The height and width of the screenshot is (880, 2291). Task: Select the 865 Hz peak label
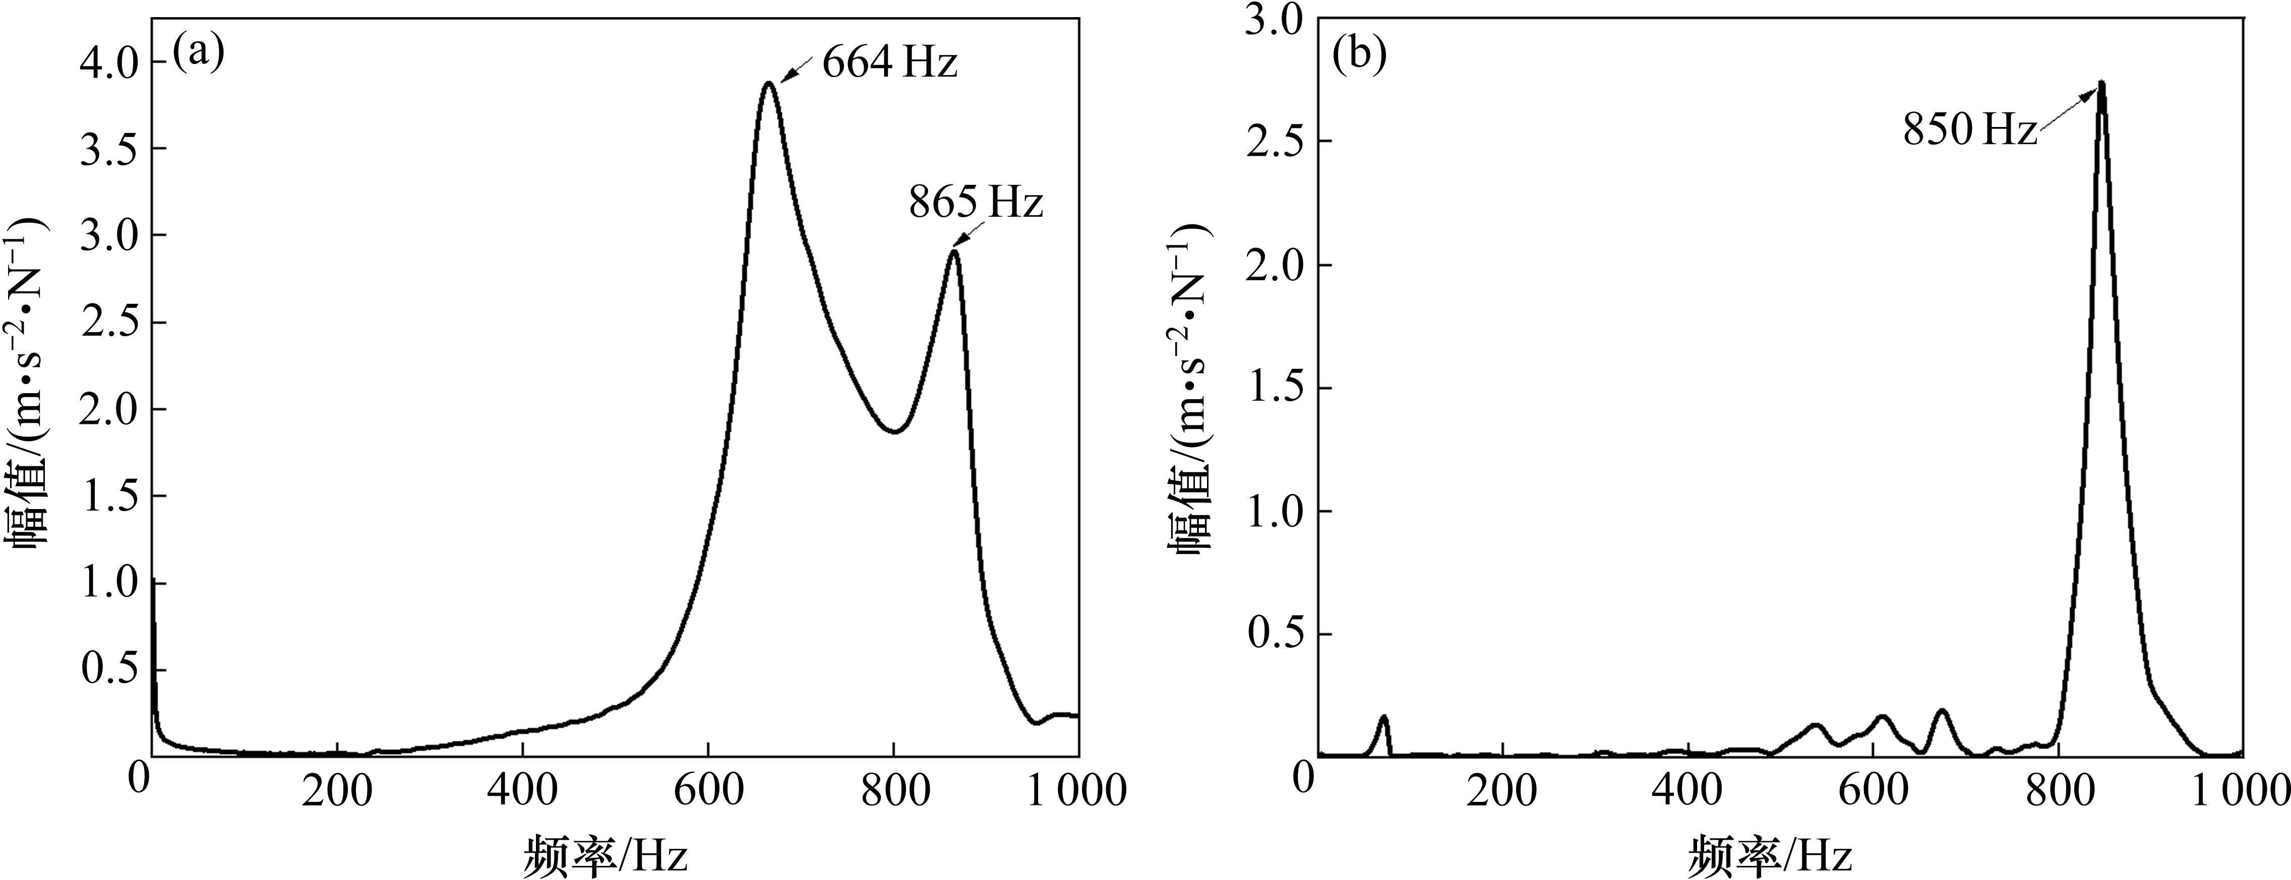click(975, 204)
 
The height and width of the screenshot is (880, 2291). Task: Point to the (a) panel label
click(198, 53)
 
